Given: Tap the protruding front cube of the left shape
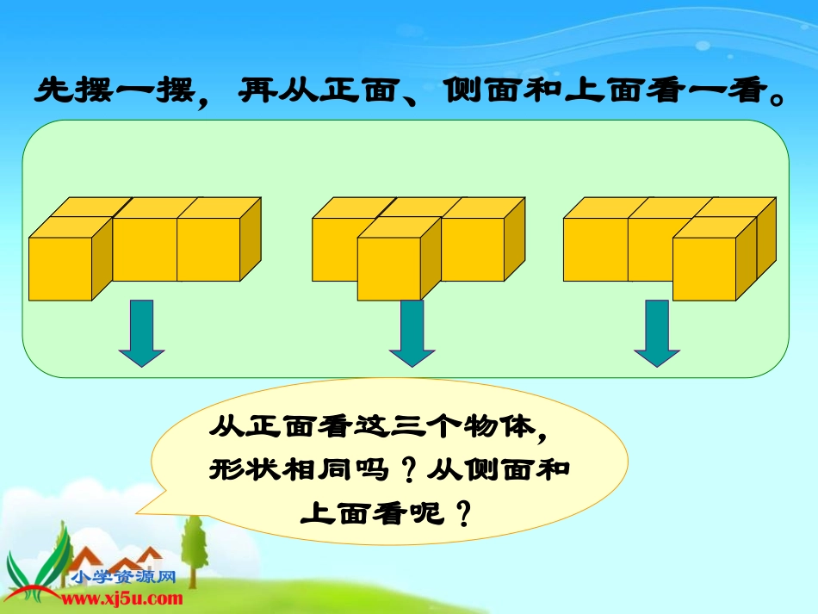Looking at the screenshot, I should (61, 269).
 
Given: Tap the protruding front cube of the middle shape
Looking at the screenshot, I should (388, 269).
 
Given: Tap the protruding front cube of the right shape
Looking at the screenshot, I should (704, 269).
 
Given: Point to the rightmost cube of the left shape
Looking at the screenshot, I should (208, 249).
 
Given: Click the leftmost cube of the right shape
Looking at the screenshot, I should (595, 249).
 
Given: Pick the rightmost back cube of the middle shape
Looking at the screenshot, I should (473, 249).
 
